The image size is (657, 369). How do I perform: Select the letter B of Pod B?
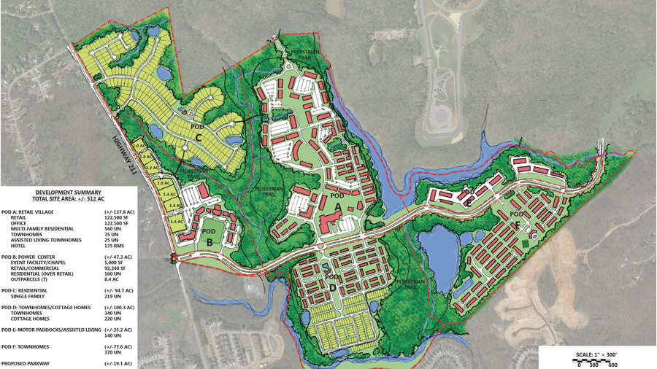point(210,242)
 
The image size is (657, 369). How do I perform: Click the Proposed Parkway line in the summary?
point(28,363)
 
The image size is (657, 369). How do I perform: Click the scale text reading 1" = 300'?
point(596,355)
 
